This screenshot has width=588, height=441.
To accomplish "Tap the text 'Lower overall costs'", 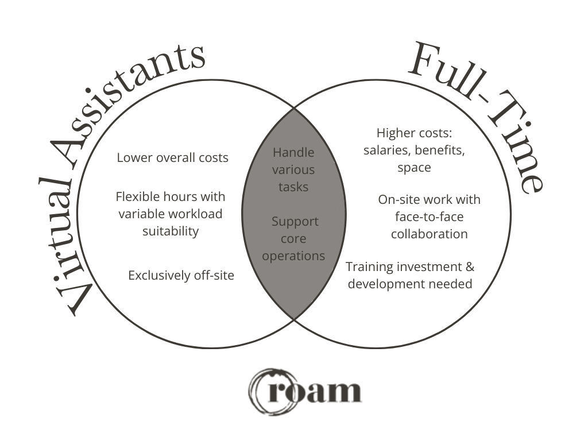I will point(172,157).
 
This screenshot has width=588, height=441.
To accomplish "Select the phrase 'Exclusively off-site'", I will point(181,275).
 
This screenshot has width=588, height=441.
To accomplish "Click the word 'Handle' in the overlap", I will point(293,152).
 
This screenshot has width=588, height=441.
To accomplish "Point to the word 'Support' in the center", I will point(295,221).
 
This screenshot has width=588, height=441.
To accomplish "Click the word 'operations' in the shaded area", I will point(293,256).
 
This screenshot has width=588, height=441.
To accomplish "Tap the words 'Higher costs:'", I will point(415,133).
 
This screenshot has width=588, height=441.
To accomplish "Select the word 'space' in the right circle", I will point(414,168).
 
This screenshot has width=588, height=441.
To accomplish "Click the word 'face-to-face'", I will point(429,216).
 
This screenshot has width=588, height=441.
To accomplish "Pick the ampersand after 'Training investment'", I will point(470,266).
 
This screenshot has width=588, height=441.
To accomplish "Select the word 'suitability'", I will point(171,231).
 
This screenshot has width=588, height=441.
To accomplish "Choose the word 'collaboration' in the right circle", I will point(429,234).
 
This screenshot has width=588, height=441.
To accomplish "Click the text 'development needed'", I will point(410,284).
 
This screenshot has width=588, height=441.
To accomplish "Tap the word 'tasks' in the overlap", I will point(293,187).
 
